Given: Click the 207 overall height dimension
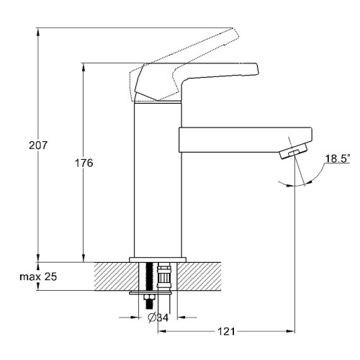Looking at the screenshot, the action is point(38,145).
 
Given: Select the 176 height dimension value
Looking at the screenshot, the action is point(84,163).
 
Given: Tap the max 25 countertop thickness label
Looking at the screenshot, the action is point(38,276).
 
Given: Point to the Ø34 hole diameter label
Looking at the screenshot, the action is point(158,318).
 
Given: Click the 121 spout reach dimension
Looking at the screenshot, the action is point(226,331).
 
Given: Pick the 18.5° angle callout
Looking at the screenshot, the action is point(338,159).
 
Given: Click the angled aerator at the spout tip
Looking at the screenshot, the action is point(294,150).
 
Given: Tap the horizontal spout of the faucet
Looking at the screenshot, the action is point(246,140).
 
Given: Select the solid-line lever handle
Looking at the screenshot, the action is point(197,81).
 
